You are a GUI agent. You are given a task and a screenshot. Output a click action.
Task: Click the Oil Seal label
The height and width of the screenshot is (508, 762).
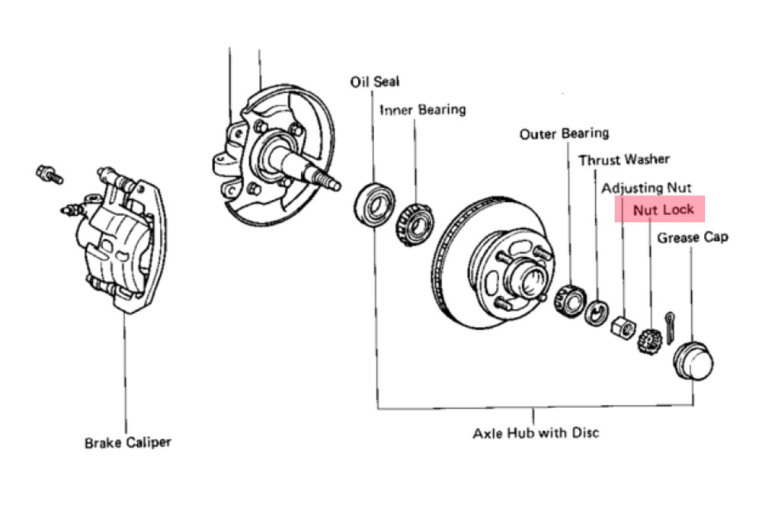click(x=374, y=82)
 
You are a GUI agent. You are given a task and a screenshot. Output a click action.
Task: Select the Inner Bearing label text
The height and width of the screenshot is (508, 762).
click(x=423, y=110)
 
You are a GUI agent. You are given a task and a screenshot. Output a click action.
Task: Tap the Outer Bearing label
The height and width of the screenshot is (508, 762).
click(x=564, y=134)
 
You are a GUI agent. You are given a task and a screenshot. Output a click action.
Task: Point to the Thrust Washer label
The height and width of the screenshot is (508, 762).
click(x=624, y=160)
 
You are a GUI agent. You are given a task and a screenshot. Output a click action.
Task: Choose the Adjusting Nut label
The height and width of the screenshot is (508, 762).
click(x=647, y=188)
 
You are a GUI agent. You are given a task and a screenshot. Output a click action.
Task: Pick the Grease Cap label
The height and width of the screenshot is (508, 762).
click(x=693, y=237)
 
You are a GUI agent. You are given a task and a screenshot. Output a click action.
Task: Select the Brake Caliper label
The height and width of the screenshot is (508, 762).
click(x=128, y=442)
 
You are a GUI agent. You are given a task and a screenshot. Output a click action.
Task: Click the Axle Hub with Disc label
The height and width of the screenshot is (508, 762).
click(x=536, y=433)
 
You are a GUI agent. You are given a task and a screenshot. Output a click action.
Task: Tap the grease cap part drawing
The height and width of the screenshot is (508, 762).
click(x=694, y=361)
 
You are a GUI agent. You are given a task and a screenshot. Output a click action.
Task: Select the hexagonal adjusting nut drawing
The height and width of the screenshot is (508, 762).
click(x=621, y=326)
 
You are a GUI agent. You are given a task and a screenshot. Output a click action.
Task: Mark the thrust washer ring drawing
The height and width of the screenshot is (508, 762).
click(x=595, y=312)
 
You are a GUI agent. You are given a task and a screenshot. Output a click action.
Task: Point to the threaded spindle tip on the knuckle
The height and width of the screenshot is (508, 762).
click(x=331, y=183)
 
